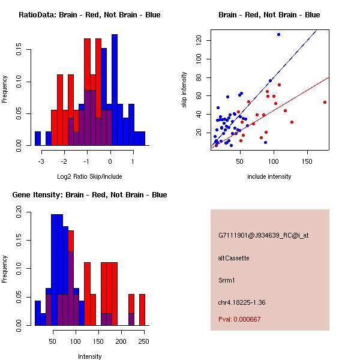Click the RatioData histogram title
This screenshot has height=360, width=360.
(x=89, y=15)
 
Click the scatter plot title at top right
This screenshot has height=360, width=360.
(x=269, y=15)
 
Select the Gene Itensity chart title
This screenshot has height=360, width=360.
(x=89, y=195)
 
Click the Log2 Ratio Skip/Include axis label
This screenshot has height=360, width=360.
(x=89, y=176)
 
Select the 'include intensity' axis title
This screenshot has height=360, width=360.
(x=269, y=176)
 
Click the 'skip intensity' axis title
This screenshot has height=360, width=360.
(x=184, y=90)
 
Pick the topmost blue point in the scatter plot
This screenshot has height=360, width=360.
(x=278, y=34)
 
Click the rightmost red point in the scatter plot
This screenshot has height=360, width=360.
(x=325, y=102)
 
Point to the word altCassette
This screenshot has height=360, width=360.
(x=233, y=258)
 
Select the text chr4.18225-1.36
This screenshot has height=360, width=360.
(x=242, y=302)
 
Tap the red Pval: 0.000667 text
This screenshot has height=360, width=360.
(x=239, y=320)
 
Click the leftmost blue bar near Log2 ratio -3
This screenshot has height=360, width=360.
(x=38, y=139)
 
